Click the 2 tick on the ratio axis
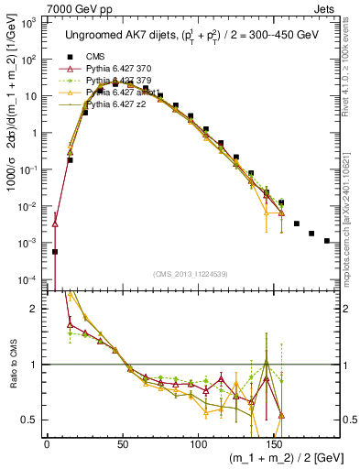click(34, 309)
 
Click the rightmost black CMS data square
click(327, 241)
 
